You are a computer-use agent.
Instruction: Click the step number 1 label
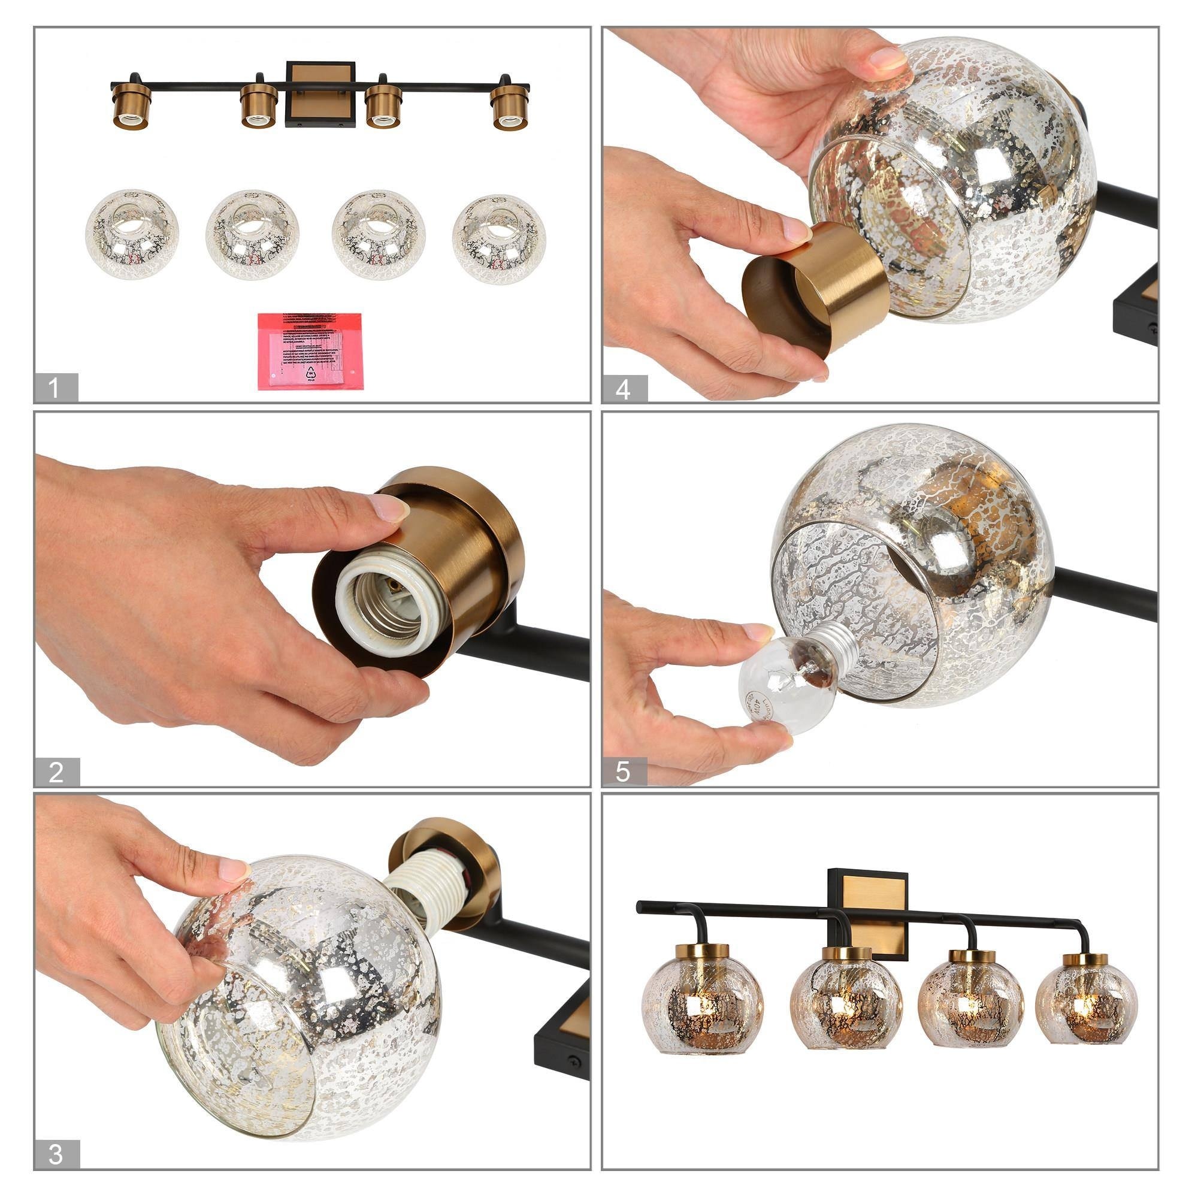click(55, 388)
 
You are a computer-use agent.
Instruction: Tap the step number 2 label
click(56, 773)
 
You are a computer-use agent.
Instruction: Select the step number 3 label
click(56, 1155)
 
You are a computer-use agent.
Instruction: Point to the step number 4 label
click(623, 389)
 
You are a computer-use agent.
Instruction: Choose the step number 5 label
click(623, 773)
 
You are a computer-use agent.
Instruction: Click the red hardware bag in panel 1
click(310, 351)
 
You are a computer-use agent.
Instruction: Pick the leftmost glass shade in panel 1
click(131, 234)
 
